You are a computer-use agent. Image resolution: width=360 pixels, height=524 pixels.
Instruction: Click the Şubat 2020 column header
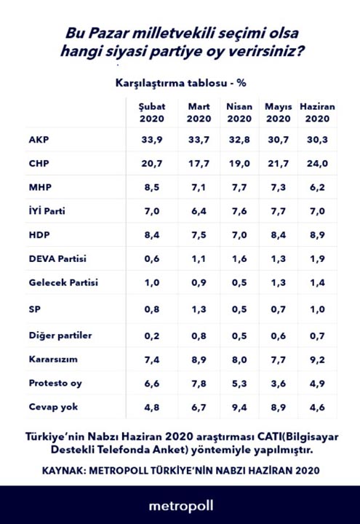152,112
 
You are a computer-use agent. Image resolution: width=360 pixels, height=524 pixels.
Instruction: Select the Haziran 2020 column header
317,112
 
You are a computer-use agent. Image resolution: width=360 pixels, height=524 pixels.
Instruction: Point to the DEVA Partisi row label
56,259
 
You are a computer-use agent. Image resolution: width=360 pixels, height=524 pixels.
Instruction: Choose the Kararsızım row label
53,360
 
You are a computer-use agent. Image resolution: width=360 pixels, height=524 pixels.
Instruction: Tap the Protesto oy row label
54,384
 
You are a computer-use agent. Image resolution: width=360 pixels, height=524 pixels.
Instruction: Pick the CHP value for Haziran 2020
317,164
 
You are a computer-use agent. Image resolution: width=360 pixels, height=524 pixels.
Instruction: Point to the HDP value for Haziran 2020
317,235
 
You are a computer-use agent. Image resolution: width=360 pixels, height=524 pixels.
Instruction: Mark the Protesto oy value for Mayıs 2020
278,384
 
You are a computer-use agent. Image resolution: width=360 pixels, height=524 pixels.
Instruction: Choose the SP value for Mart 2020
199,308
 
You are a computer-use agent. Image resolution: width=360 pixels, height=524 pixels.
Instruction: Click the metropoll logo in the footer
180,504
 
